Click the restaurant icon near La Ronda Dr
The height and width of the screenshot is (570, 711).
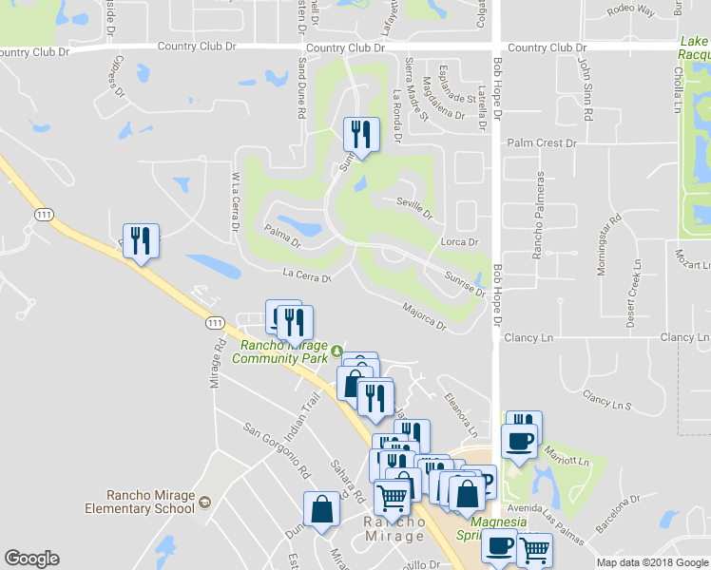point(360,135)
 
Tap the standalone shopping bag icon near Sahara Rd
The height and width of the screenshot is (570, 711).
point(321,507)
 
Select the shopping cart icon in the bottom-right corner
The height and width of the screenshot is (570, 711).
point(535,549)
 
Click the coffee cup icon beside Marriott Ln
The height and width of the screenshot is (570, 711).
point(519,441)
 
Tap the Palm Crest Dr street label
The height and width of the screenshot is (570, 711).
point(542,143)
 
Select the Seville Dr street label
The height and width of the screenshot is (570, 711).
point(414,208)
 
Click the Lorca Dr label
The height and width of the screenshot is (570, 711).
point(459,242)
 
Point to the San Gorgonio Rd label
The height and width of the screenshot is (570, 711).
point(277,448)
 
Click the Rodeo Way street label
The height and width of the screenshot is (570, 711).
point(631,10)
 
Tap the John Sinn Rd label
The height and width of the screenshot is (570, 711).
point(586,86)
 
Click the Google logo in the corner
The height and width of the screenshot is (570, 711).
point(32,558)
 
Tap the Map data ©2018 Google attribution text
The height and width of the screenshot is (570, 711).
point(652,562)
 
